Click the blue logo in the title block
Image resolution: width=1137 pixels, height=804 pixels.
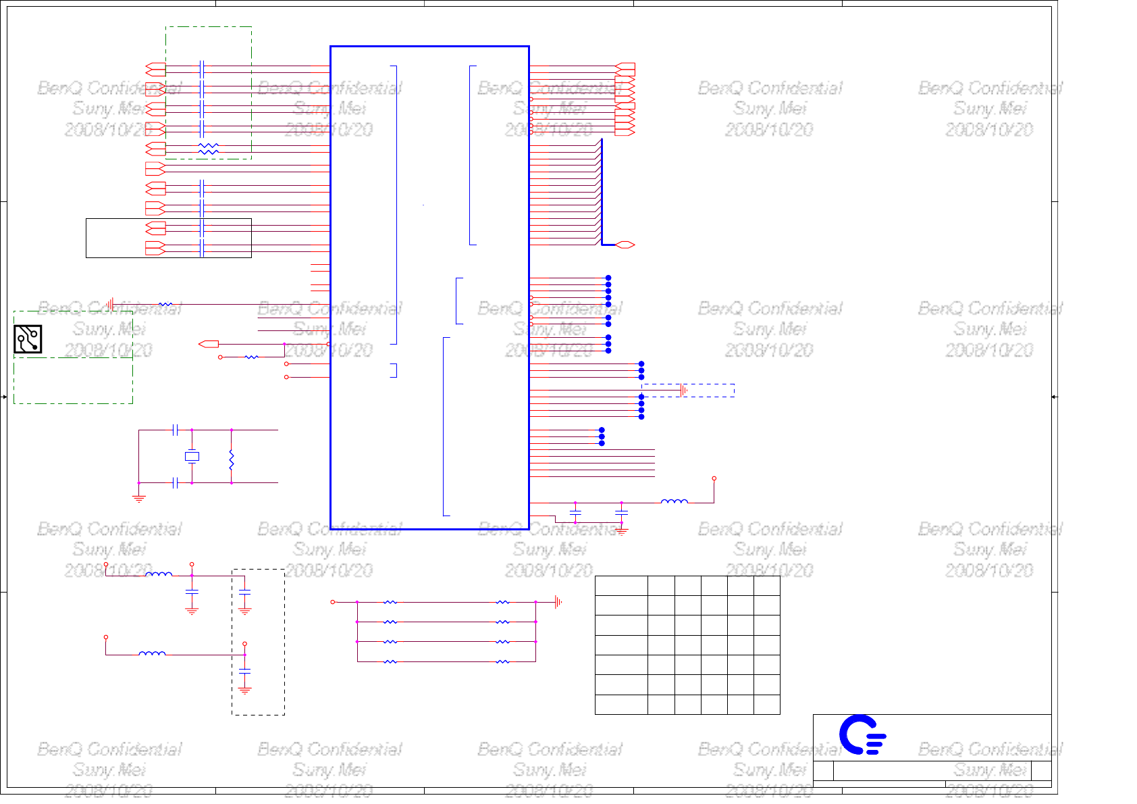coord(862,735)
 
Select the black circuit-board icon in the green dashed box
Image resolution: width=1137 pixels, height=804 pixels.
coord(28,339)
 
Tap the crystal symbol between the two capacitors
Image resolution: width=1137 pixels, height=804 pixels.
coord(192,457)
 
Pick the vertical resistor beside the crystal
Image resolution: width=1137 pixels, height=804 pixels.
coord(232,459)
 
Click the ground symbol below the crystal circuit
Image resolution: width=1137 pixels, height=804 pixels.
coord(138,499)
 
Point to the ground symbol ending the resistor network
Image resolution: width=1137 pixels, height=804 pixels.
coord(558,602)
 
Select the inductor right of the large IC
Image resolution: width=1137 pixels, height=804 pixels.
coord(674,502)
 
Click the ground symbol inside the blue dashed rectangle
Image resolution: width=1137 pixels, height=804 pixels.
coord(684,390)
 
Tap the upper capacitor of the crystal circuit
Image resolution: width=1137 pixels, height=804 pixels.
coord(176,430)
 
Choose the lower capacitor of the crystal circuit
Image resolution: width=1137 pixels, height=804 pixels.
coord(176,483)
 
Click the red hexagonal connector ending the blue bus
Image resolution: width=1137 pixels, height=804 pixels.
coord(625,245)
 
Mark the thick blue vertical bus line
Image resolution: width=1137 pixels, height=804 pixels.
coord(602,193)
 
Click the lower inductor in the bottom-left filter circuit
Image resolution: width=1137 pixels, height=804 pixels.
coord(152,653)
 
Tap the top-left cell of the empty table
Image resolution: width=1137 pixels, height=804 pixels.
coord(621,585)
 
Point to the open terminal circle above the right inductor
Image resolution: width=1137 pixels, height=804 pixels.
coord(714,478)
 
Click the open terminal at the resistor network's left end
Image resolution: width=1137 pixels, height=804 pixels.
coord(332,602)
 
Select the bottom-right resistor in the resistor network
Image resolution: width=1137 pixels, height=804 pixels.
coord(502,662)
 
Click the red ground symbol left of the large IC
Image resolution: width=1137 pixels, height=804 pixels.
coord(110,305)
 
